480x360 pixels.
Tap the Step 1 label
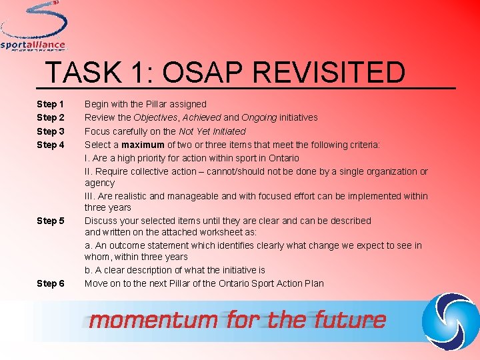click(51, 105)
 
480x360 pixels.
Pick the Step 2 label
click(51, 118)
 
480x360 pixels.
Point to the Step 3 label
click(51, 131)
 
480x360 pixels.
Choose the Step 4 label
click(51, 145)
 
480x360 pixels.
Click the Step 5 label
click(51, 221)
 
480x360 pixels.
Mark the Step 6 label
click(51, 283)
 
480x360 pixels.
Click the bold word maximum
click(143, 145)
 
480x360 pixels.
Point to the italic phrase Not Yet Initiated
click(212, 131)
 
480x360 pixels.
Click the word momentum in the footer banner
click(153, 320)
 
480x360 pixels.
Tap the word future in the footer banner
click(353, 320)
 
